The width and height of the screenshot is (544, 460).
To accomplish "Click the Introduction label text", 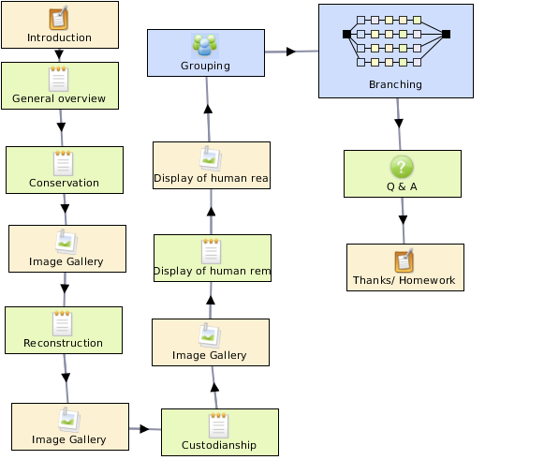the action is coord(59,37).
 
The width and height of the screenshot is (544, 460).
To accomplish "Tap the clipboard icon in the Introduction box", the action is coord(59,18).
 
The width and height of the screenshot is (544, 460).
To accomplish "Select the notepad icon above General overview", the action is coord(59,79).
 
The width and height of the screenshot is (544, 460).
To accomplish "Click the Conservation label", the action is coord(65,183).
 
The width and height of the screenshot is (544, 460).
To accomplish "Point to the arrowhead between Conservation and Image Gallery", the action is coord(65,208).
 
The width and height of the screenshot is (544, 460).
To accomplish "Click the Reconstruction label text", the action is coord(63,343).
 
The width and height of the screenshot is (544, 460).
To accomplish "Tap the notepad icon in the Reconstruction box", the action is coord(63,323).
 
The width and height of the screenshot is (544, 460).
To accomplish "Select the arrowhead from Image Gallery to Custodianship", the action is coord(145,429).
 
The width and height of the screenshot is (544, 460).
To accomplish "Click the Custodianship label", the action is coord(219,445).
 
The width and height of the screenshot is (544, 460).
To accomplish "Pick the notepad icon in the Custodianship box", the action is coord(218,425).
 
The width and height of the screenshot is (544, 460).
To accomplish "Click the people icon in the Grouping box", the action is coord(205,46).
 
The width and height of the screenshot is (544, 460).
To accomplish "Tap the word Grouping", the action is coord(205,66).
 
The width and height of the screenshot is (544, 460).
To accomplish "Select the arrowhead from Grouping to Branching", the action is coord(291,52).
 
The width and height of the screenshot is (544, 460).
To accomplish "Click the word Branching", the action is coord(395,84).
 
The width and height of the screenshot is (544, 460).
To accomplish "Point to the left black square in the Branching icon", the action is coord(346,34).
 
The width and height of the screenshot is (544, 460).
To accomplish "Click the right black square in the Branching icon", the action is coord(447,34).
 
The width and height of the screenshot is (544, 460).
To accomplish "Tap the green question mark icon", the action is coord(402,167).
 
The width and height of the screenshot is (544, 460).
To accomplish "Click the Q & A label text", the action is coord(402,186).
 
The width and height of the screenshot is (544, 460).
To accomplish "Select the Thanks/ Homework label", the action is coord(404,280).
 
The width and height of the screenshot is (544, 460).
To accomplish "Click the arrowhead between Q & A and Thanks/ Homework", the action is coord(403,220).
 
